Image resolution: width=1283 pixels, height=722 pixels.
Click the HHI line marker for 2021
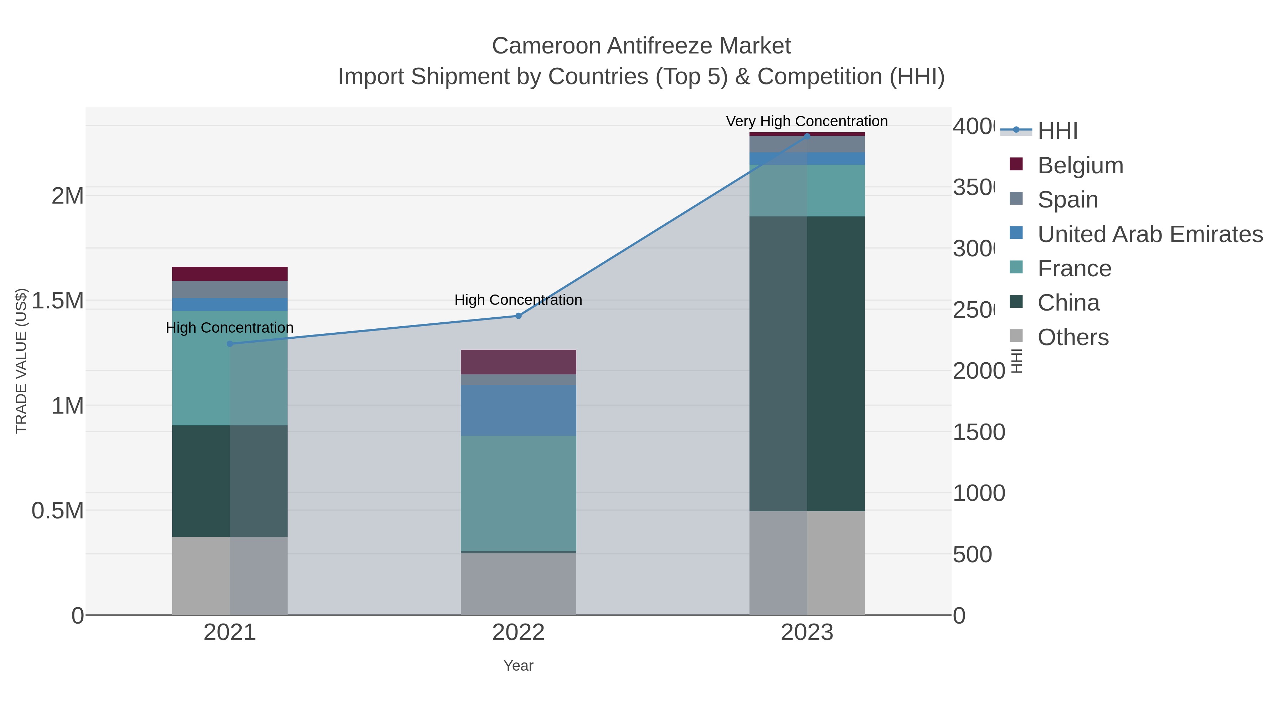[230, 344]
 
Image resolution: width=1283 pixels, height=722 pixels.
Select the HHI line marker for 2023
[807, 136]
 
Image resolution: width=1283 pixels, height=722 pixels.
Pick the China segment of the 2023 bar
[807, 364]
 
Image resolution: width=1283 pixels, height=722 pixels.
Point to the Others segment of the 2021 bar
[230, 575]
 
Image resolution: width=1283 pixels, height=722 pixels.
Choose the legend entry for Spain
[1067, 200]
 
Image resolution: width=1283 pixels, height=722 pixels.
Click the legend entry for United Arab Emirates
[1149, 234]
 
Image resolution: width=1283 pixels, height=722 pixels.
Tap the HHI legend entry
[1057, 131]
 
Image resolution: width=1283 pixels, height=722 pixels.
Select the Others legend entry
[1072, 337]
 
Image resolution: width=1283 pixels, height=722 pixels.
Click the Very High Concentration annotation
[807, 122]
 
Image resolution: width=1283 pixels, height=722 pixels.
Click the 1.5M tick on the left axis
[58, 301]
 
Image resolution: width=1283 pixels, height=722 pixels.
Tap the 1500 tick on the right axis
[978, 432]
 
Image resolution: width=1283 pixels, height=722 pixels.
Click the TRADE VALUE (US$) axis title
[21, 361]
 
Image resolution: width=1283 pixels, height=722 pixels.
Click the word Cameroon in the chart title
[545, 46]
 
